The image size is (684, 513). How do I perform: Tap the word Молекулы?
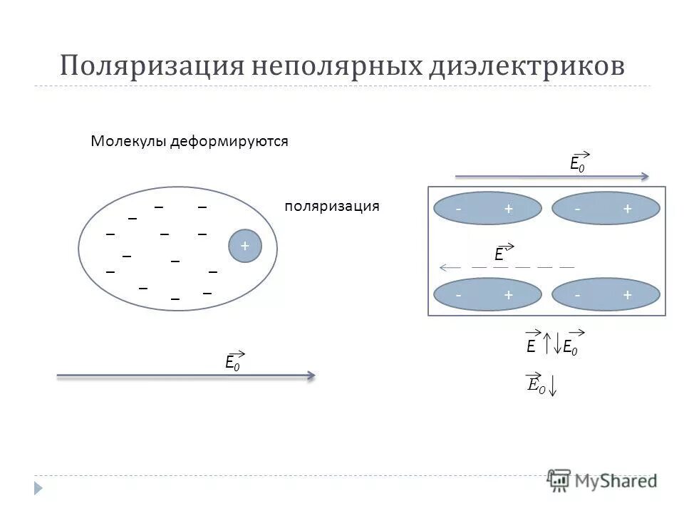(x=128, y=141)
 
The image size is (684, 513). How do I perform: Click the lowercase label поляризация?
(x=332, y=207)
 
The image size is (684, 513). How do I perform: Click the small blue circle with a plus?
(x=245, y=246)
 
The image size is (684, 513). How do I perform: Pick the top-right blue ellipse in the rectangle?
(x=606, y=209)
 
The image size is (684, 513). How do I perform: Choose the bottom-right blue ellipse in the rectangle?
(x=606, y=294)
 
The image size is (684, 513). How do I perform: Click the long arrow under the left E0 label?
(x=185, y=375)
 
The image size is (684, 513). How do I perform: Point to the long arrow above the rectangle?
(x=551, y=176)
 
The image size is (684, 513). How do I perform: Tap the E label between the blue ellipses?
(x=500, y=254)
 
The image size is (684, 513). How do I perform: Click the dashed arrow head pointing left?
(x=444, y=267)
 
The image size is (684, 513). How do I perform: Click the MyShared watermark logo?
(x=602, y=480)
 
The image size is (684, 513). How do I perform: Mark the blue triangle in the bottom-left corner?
(x=38, y=488)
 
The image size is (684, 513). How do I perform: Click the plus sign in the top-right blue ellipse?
(x=627, y=209)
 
